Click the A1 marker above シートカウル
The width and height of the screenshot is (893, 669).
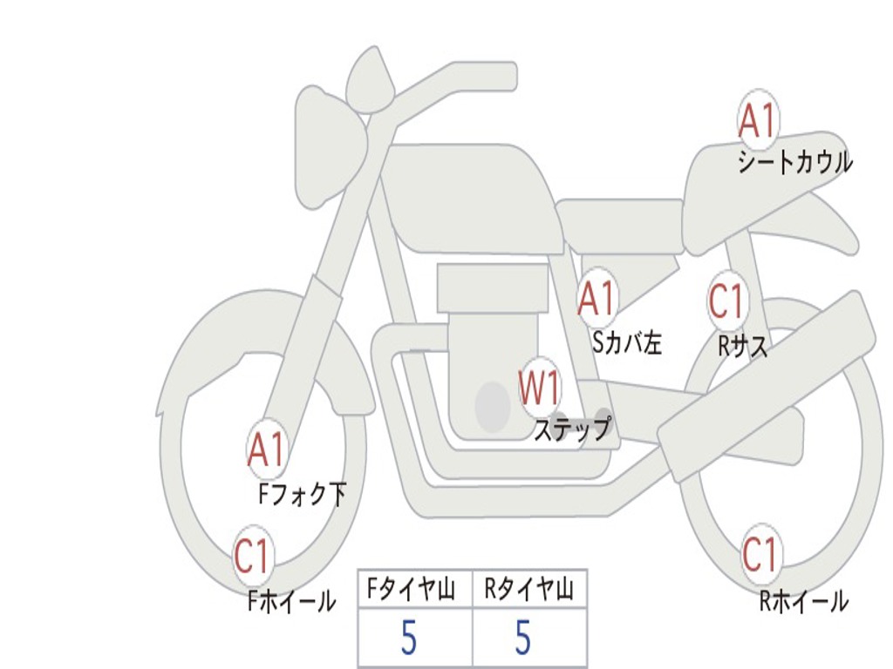pyautogui.click(x=757, y=121)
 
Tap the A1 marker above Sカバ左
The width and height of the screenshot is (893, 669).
pyautogui.click(x=597, y=298)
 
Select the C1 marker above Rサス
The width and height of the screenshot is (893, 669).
pyautogui.click(x=726, y=301)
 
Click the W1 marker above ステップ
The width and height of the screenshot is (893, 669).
pyautogui.click(x=540, y=388)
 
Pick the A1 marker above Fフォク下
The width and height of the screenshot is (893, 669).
pyautogui.click(x=266, y=449)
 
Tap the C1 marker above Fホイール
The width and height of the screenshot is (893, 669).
pyautogui.click(x=253, y=557)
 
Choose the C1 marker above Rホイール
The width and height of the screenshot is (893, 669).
pyautogui.click(x=759, y=554)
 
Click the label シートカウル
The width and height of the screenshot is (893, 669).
pyautogui.click(x=794, y=163)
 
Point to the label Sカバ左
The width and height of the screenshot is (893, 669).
pyautogui.click(x=627, y=343)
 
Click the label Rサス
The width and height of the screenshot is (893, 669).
pyautogui.click(x=743, y=346)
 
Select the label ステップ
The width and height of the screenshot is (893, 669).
pyautogui.click(x=572, y=429)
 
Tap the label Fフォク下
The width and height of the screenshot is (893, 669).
pyautogui.click(x=302, y=495)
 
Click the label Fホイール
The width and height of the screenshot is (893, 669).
pyautogui.click(x=291, y=600)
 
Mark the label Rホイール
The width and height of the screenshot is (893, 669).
pyautogui.click(x=803, y=600)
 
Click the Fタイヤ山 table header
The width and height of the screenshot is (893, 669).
pyautogui.click(x=415, y=590)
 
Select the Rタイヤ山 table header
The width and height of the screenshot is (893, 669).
pyautogui.click(x=529, y=590)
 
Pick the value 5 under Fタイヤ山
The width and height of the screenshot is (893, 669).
pyautogui.click(x=409, y=639)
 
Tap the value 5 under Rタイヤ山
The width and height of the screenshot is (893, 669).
pyautogui.click(x=522, y=639)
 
